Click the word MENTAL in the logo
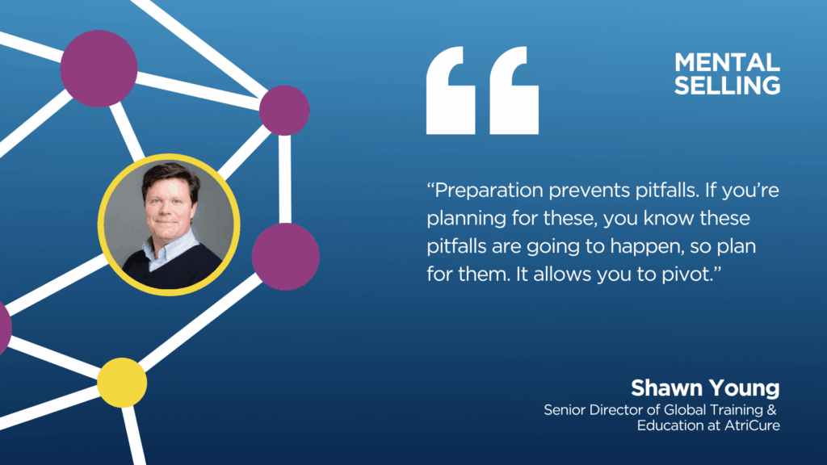pyautogui.click(x=728, y=62)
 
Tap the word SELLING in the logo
pyautogui.click(x=728, y=86)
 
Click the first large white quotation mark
pyautogui.click(x=451, y=90)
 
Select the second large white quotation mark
pyautogui.click(x=514, y=90)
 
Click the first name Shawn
pyautogui.click(x=663, y=388)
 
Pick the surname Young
pyautogui.click(x=741, y=389)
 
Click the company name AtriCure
pyautogui.click(x=752, y=425)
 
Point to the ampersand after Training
pyautogui.click(x=771, y=409)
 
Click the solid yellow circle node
pyautogui.click(x=122, y=383)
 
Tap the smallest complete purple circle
pyautogui.click(x=284, y=111)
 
